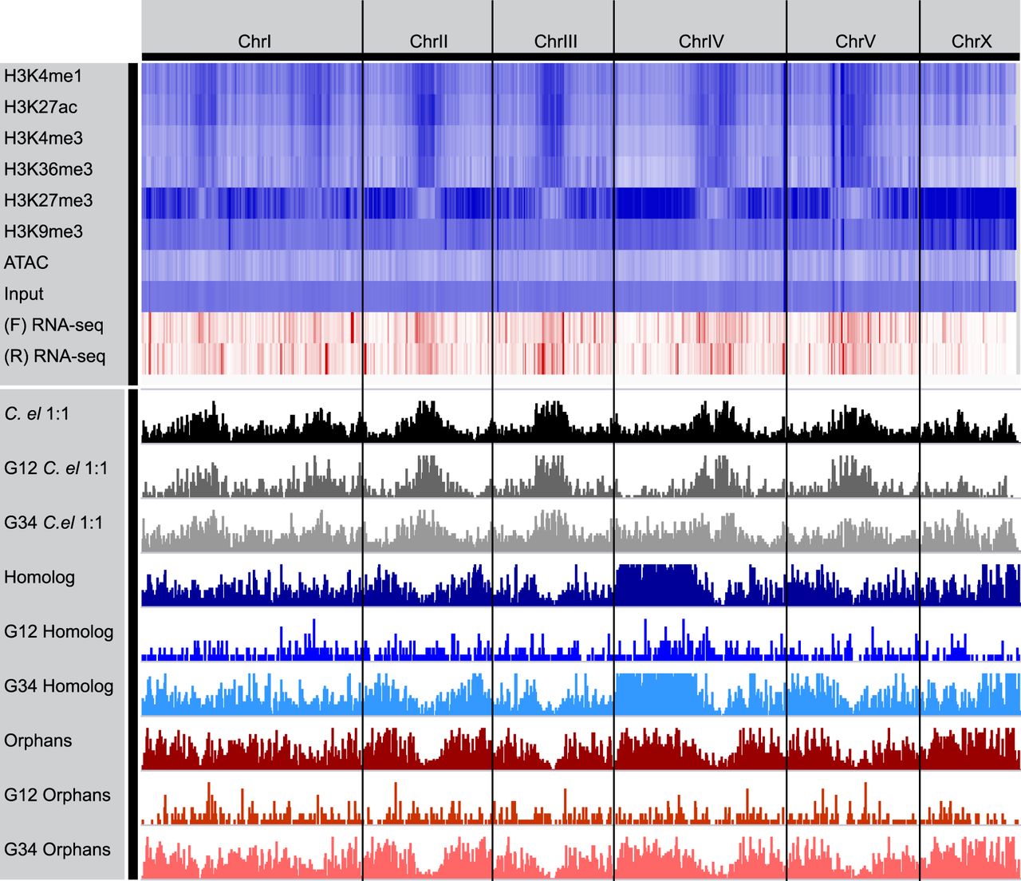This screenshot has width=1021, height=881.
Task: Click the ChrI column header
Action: [254, 41]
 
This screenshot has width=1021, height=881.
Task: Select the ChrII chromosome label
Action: [428, 41]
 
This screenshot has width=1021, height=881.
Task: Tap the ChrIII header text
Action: [555, 41]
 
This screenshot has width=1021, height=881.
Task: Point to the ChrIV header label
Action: [701, 41]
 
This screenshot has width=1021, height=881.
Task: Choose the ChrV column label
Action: [855, 41]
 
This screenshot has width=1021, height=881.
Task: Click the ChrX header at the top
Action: [971, 41]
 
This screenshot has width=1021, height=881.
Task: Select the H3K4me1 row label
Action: [43, 76]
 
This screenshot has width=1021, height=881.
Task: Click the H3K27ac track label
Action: [41, 107]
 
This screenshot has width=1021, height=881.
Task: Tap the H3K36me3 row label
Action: [48, 169]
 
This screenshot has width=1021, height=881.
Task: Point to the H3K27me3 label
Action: [48, 200]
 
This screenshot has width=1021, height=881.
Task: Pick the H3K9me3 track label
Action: [43, 231]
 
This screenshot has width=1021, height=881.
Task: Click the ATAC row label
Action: [26, 263]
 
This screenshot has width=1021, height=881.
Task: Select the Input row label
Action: [24, 294]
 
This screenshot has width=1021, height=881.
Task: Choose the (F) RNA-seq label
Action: [53, 325]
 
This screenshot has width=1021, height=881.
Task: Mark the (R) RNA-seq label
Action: [55, 356]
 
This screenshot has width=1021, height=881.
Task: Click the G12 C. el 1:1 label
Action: [56, 468]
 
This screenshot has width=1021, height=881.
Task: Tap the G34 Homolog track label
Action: [59, 686]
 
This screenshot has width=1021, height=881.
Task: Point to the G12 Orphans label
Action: [57, 795]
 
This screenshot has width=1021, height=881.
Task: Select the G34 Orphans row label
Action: [57, 849]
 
